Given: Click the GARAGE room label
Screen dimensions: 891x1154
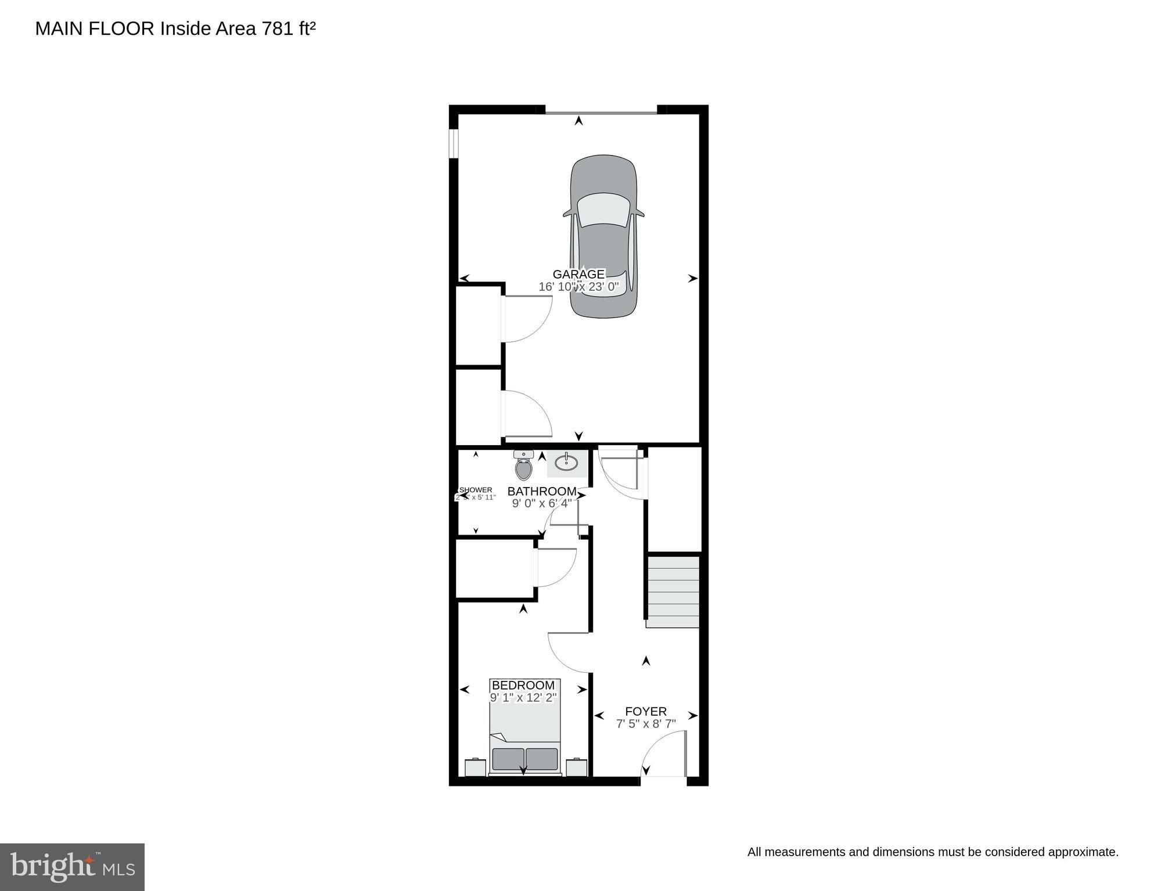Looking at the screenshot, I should (x=578, y=274).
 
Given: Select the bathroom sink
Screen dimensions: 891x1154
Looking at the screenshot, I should (x=566, y=463).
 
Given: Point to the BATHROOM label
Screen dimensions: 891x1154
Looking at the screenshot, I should (x=541, y=492).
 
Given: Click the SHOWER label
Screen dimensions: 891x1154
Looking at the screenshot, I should (x=476, y=490).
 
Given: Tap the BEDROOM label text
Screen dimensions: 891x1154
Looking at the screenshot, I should (x=523, y=686).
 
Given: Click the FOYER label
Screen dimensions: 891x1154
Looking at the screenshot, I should (x=645, y=711).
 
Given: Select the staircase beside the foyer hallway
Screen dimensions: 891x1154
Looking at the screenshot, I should (x=673, y=591).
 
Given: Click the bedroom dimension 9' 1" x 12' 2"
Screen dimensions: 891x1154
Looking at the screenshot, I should (x=523, y=698).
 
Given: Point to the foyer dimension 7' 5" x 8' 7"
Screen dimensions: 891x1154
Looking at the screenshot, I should (x=645, y=724).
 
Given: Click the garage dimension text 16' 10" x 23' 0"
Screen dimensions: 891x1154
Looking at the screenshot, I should (x=578, y=287).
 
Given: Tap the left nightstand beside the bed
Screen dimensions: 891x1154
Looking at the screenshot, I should (x=475, y=767).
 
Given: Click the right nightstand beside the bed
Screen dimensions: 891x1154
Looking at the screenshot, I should (x=577, y=767).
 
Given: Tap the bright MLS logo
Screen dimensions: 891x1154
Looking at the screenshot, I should (x=72, y=867).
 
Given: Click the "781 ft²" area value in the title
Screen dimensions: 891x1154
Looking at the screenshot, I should (x=289, y=28).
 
